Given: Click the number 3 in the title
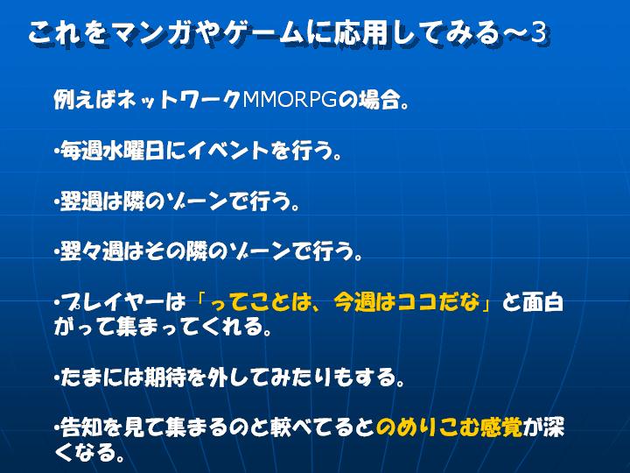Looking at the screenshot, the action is (x=538, y=32).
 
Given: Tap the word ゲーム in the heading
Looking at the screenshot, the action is (x=262, y=33).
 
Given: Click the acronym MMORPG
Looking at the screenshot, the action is (x=290, y=100).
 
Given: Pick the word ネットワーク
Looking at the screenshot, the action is (x=178, y=100).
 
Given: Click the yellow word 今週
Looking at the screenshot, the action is (x=354, y=302).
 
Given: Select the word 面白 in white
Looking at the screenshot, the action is (x=542, y=302).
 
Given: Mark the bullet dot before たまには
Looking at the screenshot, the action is (x=57, y=378).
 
